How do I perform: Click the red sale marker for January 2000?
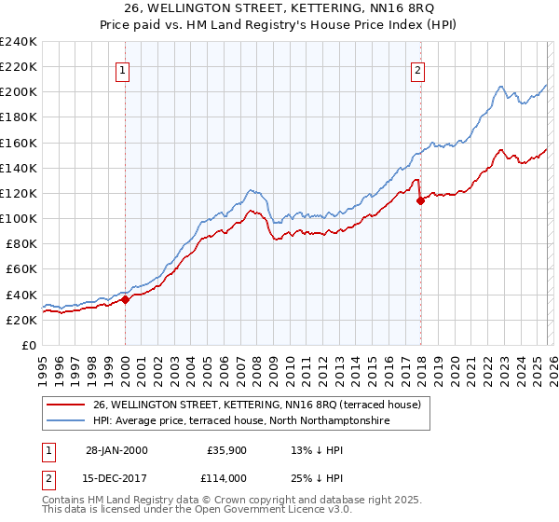(x=125, y=300)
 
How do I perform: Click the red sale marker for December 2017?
(x=420, y=199)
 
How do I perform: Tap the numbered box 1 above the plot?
(x=124, y=68)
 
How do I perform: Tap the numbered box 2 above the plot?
(x=419, y=68)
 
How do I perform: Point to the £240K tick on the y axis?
(x=19, y=42)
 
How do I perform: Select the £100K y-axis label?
(x=19, y=218)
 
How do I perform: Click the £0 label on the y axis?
(x=29, y=345)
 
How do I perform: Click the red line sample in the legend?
(x=66, y=405)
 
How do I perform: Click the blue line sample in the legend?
(x=66, y=421)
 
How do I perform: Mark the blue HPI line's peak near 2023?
(x=500, y=88)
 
